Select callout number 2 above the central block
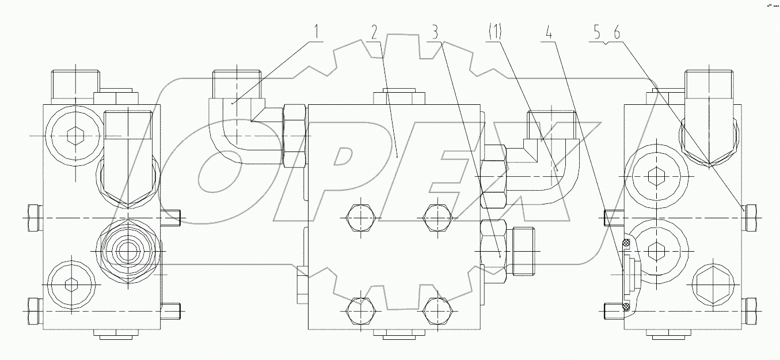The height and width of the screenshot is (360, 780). pyautogui.click(x=374, y=33)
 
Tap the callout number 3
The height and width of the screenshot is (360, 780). pyautogui.click(x=436, y=33)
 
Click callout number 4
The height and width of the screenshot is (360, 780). pyautogui.click(x=549, y=33)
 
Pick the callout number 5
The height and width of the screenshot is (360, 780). pyautogui.click(x=599, y=33)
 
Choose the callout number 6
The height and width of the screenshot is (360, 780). pyautogui.click(x=617, y=33)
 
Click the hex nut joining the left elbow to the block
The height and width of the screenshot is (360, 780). pyautogui.click(x=294, y=136)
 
